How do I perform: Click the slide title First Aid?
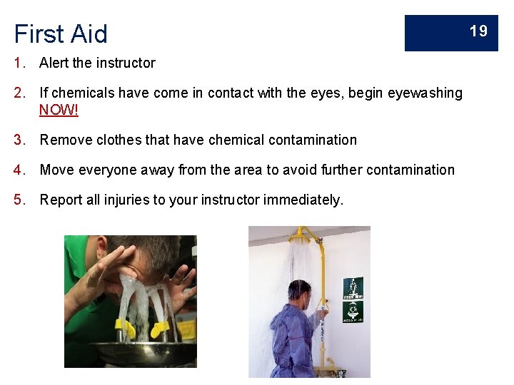pyautogui.click(x=61, y=34)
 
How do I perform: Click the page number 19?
pyautogui.click(x=478, y=31)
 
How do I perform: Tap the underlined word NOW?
pyautogui.click(x=59, y=110)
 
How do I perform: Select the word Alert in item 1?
pyautogui.click(x=54, y=63)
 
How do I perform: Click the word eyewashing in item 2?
pyautogui.click(x=425, y=93)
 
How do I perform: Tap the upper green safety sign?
pyautogui.click(x=353, y=287)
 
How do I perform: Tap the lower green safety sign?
pyautogui.click(x=353, y=312)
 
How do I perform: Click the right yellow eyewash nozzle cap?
pyautogui.click(x=161, y=329)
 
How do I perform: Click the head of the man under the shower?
pyautogui.click(x=300, y=292)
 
